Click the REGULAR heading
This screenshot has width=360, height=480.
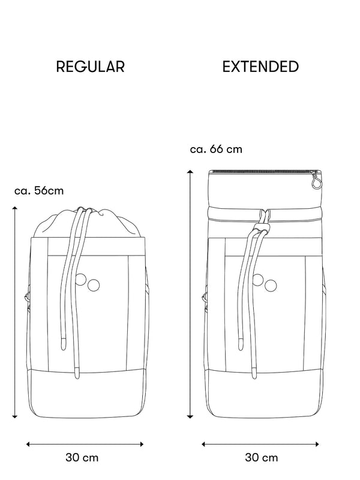(x=91, y=67)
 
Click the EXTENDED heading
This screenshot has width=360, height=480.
(x=260, y=67)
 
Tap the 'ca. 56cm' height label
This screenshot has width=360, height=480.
(x=39, y=191)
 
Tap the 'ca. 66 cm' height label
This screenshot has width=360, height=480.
(x=216, y=149)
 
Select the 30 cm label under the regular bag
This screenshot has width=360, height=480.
(x=82, y=458)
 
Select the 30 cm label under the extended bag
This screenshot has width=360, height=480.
(x=262, y=458)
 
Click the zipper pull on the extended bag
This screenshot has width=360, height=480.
(x=316, y=181)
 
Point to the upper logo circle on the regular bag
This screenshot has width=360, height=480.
(x=80, y=279)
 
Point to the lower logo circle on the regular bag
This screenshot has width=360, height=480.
(x=94, y=286)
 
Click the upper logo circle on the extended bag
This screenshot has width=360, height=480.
(x=257, y=280)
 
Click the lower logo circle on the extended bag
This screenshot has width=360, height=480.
(x=271, y=286)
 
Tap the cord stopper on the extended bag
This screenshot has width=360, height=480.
(x=261, y=228)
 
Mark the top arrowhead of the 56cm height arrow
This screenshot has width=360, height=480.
(x=14, y=208)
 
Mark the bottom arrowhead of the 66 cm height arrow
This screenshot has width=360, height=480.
(x=190, y=416)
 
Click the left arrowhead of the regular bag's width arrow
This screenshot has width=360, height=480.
(x=28, y=444)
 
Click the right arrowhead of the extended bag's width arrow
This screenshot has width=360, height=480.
(x=317, y=444)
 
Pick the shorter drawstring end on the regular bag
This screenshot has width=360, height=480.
(x=64, y=344)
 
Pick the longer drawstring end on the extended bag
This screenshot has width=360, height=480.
(x=254, y=372)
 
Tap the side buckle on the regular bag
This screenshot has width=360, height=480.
(x=27, y=296)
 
